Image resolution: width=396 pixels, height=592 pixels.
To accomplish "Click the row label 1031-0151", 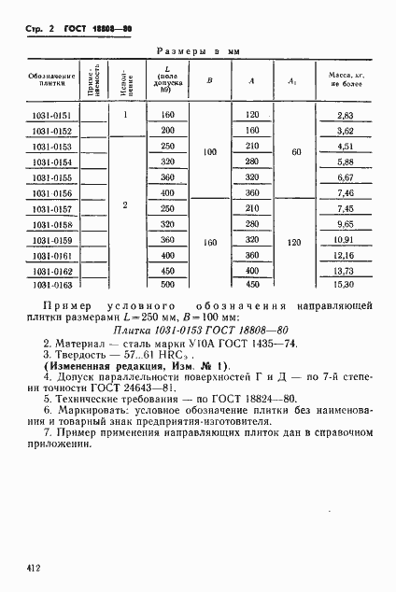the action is tap(44, 115).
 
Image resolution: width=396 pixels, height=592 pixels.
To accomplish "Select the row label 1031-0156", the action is tap(44, 193).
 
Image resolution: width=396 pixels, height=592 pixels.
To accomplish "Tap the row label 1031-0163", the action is tap(44, 284).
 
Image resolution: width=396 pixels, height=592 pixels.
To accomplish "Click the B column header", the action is tap(209, 80).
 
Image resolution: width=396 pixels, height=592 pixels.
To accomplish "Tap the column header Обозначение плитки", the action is tap(44, 80).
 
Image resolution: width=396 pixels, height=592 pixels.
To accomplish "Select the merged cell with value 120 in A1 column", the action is tap(297, 242).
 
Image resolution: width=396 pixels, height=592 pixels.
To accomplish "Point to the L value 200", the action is tap(168, 131).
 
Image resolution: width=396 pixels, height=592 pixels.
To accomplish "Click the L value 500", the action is tap(168, 284).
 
